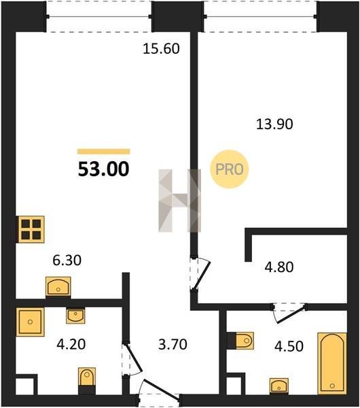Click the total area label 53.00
103,169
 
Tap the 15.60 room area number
161,49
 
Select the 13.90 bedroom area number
274,124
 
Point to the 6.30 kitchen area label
67,260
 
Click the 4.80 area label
279,267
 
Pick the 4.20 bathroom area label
71,344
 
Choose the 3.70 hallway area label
173,344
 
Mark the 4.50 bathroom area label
289,346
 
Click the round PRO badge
230,169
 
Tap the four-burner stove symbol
31,230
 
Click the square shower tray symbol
30,322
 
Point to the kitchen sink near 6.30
58,286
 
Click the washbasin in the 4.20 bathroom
75,316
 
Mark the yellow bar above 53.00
104,152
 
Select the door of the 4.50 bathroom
289,313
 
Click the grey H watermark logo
179,201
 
